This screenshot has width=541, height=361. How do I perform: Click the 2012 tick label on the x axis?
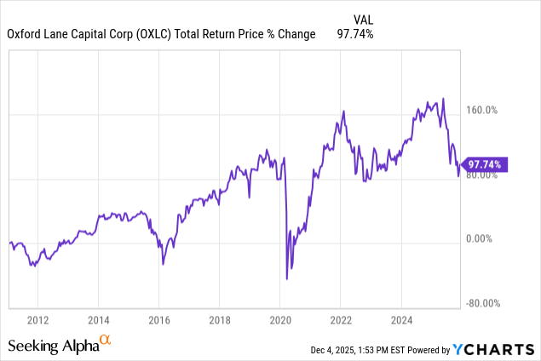37,320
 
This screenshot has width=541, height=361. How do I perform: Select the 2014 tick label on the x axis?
97,320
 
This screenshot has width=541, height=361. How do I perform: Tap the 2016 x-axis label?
158,320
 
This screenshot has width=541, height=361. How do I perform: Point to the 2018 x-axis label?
219,320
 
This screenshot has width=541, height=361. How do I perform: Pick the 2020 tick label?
280,320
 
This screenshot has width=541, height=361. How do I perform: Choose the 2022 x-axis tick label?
341,320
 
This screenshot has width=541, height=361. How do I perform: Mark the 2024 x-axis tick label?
402,320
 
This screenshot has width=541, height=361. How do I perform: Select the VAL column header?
362,19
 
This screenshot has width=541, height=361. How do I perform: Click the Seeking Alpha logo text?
53,346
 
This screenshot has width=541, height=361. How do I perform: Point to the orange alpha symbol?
106,341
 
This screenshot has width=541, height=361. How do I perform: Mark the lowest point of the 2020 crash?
287,278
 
